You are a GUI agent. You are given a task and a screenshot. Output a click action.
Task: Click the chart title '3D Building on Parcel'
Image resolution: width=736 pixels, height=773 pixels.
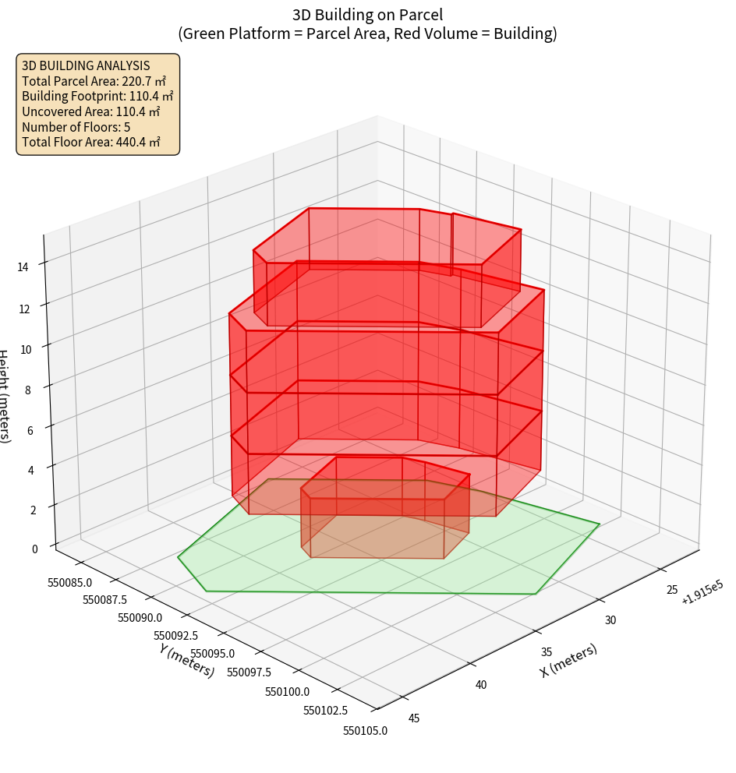[367, 14]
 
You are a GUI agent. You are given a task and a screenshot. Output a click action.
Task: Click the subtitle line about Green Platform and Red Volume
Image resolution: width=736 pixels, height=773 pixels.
[367, 34]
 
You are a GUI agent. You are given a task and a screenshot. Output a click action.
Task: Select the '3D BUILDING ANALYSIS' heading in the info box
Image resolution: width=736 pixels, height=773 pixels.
[86, 65]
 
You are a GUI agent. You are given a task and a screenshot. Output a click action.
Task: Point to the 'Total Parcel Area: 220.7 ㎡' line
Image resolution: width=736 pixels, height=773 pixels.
[94, 81]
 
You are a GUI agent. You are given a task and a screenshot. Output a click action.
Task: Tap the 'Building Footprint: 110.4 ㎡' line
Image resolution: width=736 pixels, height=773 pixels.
[97, 96]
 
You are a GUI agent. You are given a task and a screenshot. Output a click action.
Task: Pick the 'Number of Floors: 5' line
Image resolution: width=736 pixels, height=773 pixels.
[76, 127]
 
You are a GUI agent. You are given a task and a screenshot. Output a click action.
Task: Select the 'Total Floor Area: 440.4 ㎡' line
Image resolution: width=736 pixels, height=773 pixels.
[91, 142]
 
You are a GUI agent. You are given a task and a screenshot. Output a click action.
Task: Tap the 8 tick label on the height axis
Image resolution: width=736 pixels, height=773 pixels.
[27, 390]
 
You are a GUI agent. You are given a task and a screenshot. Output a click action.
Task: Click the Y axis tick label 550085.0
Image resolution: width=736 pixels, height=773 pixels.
[70, 582]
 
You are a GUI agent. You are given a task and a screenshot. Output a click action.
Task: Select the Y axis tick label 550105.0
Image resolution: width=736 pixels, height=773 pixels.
[364, 730]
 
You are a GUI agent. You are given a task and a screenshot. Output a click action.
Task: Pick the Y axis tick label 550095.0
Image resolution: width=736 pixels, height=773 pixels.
[211, 654]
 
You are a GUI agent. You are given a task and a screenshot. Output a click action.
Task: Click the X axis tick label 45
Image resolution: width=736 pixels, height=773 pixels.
[413, 718]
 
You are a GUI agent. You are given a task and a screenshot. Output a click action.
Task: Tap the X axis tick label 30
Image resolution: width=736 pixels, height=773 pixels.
[610, 620]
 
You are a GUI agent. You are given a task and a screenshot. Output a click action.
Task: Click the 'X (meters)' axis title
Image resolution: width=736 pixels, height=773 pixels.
[568, 660]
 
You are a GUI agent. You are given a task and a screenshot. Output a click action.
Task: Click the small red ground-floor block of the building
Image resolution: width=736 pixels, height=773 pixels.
[378, 518]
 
